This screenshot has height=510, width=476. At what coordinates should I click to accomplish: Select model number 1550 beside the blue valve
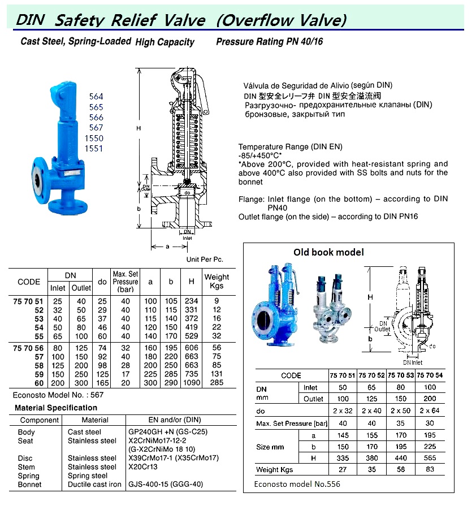tap(96, 138)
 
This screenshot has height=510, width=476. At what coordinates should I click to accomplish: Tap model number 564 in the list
tap(96, 97)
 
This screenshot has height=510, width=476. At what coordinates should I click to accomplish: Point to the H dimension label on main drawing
tap(138, 129)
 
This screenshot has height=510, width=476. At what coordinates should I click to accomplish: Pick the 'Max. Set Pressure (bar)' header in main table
tap(126, 281)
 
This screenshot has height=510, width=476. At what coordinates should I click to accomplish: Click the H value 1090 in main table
tap(192, 383)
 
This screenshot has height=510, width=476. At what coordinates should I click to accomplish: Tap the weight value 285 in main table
tap(217, 383)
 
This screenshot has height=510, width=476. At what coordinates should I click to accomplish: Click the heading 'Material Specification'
tap(56, 408)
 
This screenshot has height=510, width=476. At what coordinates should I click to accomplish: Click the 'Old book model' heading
tap(328, 252)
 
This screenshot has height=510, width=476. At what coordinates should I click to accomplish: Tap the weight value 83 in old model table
tap(430, 469)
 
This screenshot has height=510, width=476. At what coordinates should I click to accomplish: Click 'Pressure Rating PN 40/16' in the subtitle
tap(270, 42)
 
